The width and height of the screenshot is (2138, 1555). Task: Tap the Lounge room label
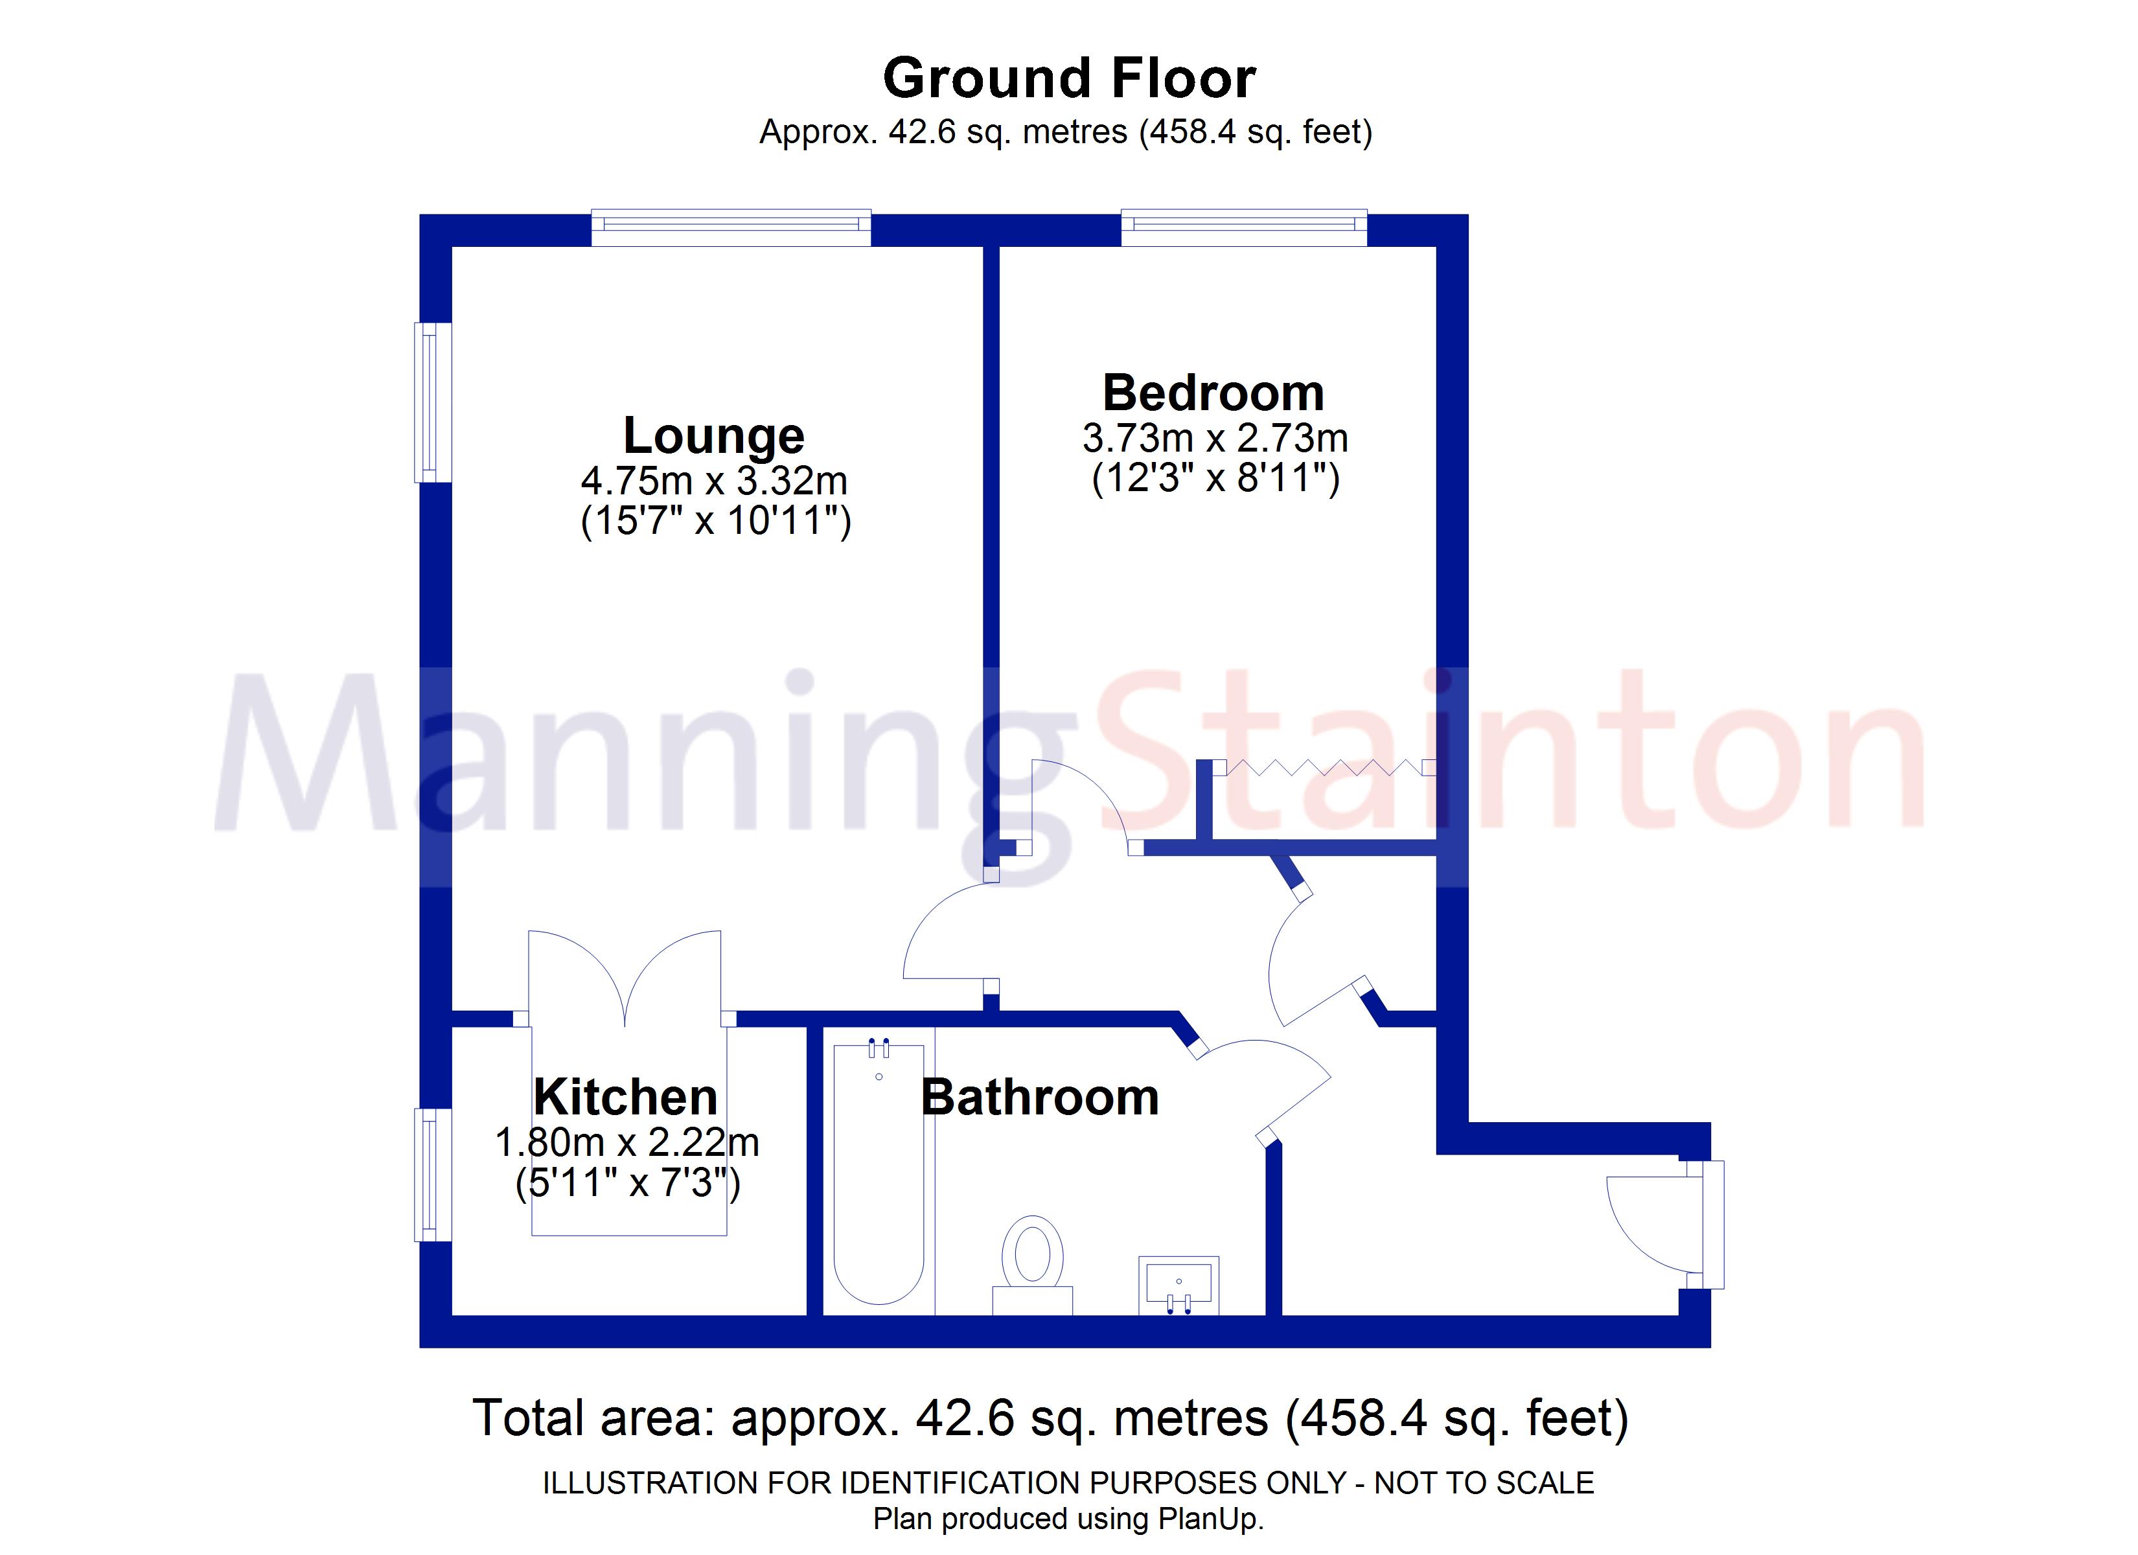[x=713, y=435]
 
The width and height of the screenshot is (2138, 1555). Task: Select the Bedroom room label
[x=1213, y=392]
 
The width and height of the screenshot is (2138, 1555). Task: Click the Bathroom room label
[x=1040, y=1098]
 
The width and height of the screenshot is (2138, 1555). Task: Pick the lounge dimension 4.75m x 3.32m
[x=713, y=481]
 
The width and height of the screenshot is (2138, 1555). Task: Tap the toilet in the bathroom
[x=1033, y=1265]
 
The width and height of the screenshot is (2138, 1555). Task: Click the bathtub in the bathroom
[x=879, y=1174]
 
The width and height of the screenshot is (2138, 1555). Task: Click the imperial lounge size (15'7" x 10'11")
[x=715, y=520]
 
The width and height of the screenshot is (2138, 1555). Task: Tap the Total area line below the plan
[x=1050, y=1418]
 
